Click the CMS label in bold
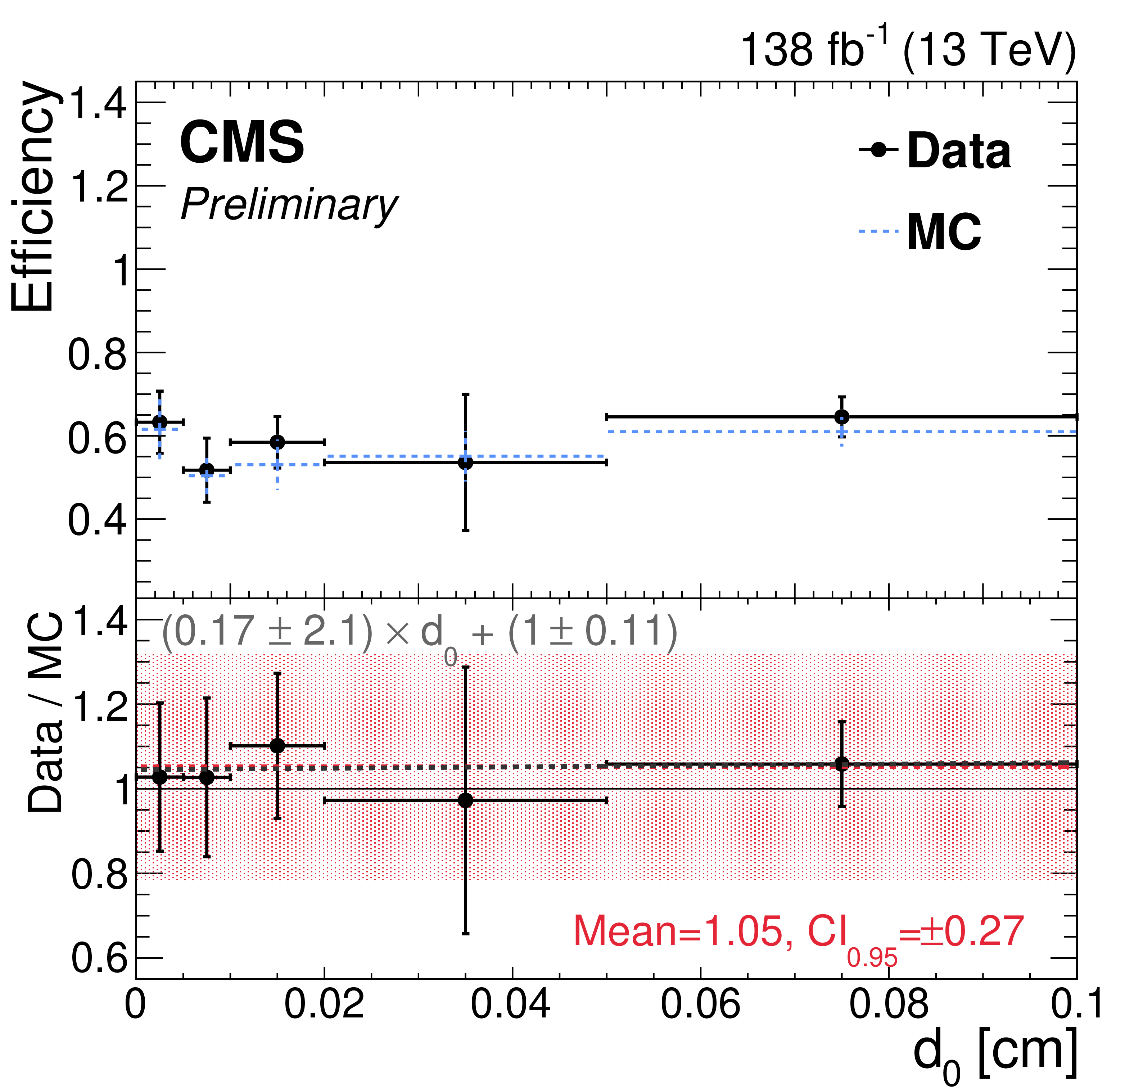[x=242, y=143]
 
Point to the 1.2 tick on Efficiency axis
[x=98, y=186]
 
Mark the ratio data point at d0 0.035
[x=465, y=800]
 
